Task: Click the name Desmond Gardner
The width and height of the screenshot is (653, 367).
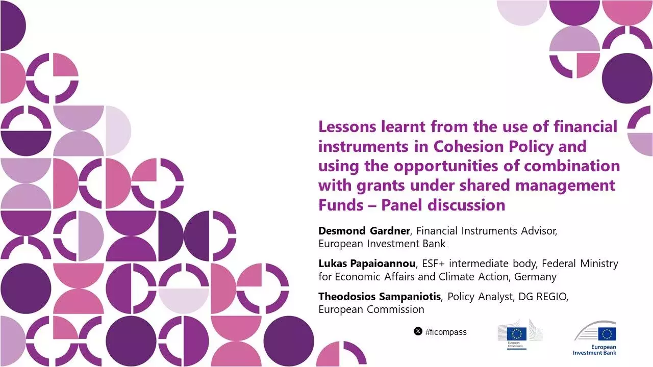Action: pos(364,231)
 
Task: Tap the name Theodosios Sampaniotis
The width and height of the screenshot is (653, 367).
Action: pos(380,296)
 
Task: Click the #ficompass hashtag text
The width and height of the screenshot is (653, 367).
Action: pos(445,332)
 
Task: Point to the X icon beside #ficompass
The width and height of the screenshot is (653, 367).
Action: pos(418,332)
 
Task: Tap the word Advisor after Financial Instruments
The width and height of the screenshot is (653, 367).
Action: pos(539,231)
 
